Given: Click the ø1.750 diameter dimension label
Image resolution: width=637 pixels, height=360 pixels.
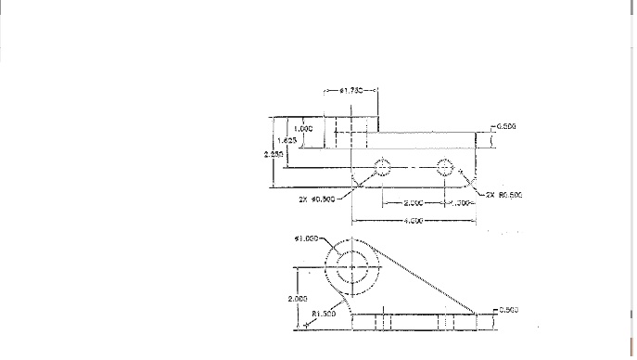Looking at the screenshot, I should (x=351, y=91).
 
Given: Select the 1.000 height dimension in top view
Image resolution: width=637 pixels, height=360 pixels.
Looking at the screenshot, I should (x=303, y=129).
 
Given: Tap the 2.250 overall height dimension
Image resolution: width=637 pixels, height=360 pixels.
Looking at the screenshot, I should (x=272, y=154).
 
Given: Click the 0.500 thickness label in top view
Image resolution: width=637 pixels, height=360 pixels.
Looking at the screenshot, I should (x=505, y=126).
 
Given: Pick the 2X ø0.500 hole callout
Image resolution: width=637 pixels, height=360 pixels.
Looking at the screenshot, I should (x=316, y=199).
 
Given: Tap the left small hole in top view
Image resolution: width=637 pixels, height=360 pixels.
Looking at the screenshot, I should (x=381, y=167).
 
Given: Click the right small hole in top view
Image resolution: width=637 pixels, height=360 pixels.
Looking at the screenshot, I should (x=445, y=167).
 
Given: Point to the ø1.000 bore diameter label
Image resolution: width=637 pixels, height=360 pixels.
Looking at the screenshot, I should (x=307, y=238).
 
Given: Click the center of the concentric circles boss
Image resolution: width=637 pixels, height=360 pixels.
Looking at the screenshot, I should (x=351, y=268).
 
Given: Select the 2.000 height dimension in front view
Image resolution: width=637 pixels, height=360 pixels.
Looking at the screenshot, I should (x=297, y=298).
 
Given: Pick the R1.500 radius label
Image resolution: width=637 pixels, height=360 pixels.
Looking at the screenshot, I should (x=324, y=314).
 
